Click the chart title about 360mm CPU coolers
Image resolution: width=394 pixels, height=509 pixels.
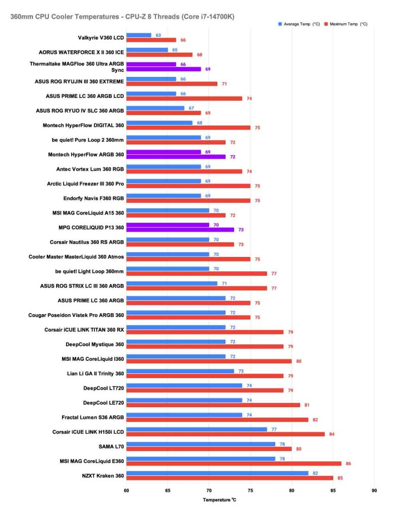[x=122, y=16]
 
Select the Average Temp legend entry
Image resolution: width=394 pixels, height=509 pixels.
[x=297, y=24]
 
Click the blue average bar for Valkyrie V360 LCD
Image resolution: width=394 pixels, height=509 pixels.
[x=139, y=35]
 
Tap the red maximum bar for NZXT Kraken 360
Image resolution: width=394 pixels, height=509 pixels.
[x=230, y=478]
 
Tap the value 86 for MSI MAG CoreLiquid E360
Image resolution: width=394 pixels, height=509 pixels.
[x=348, y=464]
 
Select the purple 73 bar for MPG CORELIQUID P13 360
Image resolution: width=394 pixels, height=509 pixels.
[x=180, y=230]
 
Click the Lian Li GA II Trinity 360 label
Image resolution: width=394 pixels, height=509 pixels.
[x=95, y=372]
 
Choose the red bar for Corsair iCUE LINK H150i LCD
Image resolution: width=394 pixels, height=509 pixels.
[x=225, y=434]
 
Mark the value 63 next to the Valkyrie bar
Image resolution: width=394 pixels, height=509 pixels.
[x=158, y=35]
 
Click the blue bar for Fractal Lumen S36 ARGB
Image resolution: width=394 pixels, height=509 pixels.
[x=184, y=415]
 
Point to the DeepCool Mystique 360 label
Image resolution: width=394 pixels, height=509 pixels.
[x=94, y=344]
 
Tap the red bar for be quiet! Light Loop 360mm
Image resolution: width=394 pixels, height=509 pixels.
[x=196, y=273]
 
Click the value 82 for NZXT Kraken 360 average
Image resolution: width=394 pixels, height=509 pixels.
[x=315, y=473]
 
